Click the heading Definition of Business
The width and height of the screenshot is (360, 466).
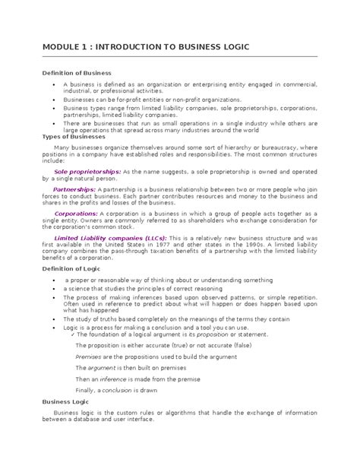[x=75, y=71]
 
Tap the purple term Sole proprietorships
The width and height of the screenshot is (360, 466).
[x=87, y=173]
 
